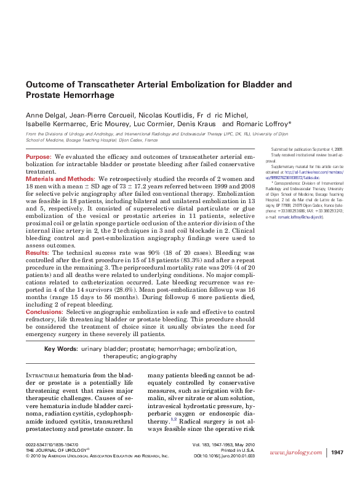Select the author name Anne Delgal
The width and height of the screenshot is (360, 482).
[x=44, y=115]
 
